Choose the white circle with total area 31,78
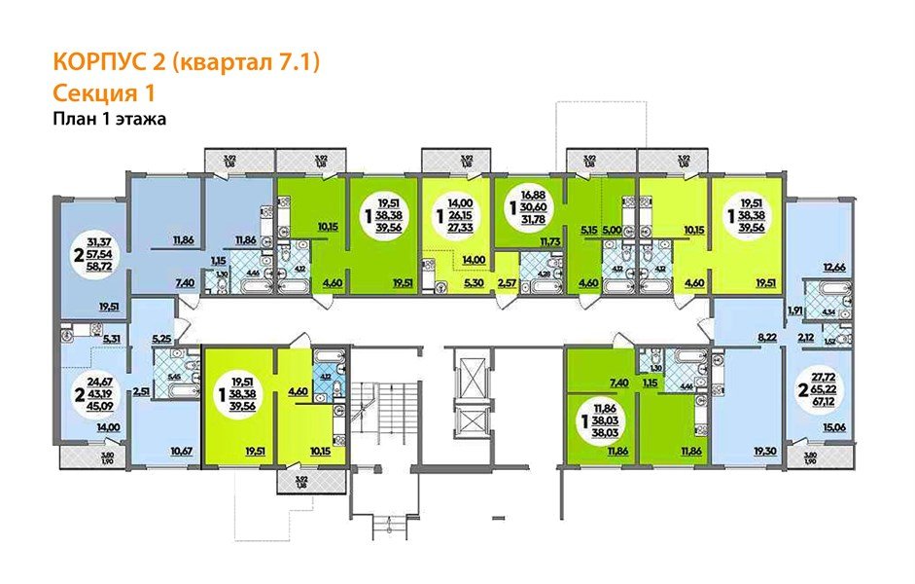pos(525,210)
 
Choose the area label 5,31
pos(111,338)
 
